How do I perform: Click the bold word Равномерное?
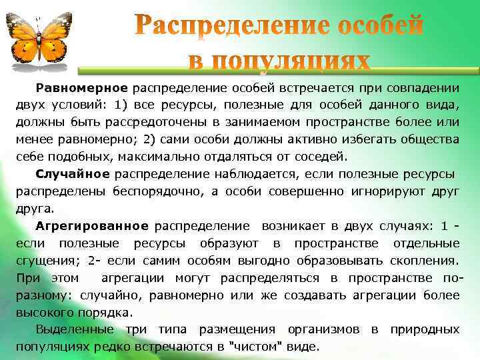(81, 87)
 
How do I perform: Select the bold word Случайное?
(73, 174)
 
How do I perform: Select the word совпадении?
(418, 87)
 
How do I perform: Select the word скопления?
(425, 261)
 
